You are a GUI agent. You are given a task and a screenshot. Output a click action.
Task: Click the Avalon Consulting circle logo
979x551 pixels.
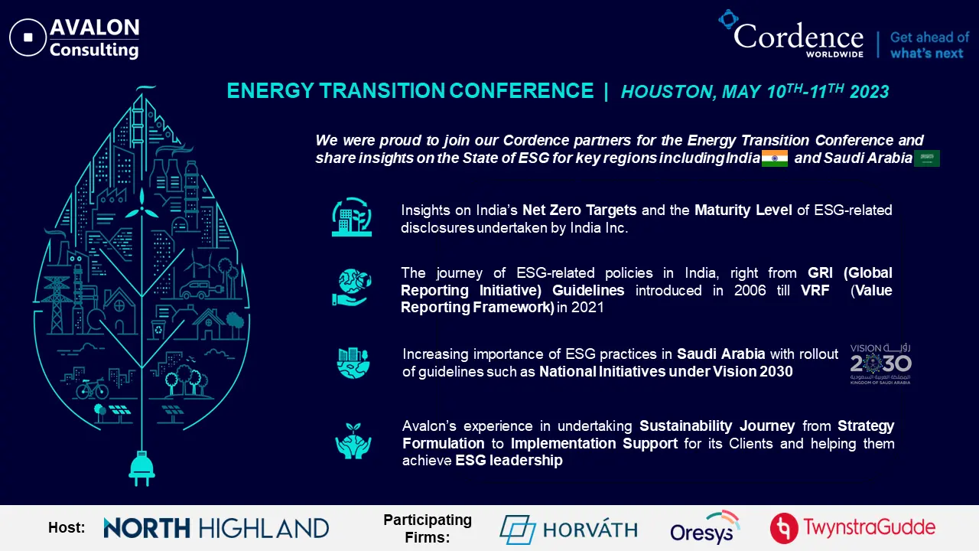coord(28,37)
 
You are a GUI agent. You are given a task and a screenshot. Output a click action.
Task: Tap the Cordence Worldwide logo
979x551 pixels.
coord(791,34)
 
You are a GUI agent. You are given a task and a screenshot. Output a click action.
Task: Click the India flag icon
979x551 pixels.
coord(775,158)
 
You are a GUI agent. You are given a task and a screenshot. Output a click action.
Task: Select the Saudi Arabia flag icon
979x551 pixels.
coord(926,158)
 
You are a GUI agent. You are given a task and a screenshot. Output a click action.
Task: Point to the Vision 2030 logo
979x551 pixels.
coord(880,364)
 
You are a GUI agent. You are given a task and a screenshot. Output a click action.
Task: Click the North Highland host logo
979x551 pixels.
coord(216,528)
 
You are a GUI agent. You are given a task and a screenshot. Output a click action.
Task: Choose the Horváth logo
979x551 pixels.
coord(568,529)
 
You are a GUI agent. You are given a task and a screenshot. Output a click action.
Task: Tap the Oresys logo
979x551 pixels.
coord(705,528)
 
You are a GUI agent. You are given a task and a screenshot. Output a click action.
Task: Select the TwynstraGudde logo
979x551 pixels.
coord(853,528)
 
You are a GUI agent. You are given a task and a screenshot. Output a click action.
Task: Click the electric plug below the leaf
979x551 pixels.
coord(141,468)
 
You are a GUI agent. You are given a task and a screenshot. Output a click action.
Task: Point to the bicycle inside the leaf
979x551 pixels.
coord(92,389)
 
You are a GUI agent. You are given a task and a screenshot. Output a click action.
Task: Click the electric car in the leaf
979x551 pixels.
coord(201,290)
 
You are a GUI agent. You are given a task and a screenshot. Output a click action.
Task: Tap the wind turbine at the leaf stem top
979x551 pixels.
coord(141,206)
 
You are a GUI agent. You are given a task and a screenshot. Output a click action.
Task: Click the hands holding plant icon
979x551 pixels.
coord(353,441)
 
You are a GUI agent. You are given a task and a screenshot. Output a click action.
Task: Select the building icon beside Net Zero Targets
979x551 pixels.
coord(352,217)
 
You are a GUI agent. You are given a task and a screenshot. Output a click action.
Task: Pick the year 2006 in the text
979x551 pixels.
coord(750,290)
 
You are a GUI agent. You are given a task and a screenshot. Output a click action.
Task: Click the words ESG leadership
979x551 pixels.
coord(509,461)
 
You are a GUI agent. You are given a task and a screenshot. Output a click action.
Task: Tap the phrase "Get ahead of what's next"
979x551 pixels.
coord(929,45)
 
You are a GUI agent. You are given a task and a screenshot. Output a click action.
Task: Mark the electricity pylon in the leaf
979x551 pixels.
coord(56,305)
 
